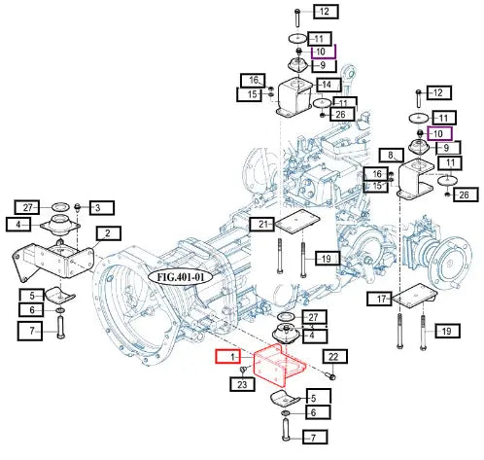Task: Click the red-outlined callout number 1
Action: click(227, 357)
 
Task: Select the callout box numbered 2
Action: click(108, 233)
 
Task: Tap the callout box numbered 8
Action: click(392, 156)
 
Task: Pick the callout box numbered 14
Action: click(328, 85)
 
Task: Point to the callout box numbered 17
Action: click(379, 299)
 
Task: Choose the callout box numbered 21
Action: click(261, 224)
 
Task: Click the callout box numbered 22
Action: click(334, 357)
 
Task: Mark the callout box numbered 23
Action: click(242, 384)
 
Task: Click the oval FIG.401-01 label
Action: click(181, 277)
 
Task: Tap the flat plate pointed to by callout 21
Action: click(297, 222)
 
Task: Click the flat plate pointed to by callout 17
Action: click(415, 296)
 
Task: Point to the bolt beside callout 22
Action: click(331, 376)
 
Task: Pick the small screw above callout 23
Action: click(244, 370)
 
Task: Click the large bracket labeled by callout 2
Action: click(53, 262)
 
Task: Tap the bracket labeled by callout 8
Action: click(415, 179)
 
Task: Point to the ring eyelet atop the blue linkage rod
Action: click(351, 71)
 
